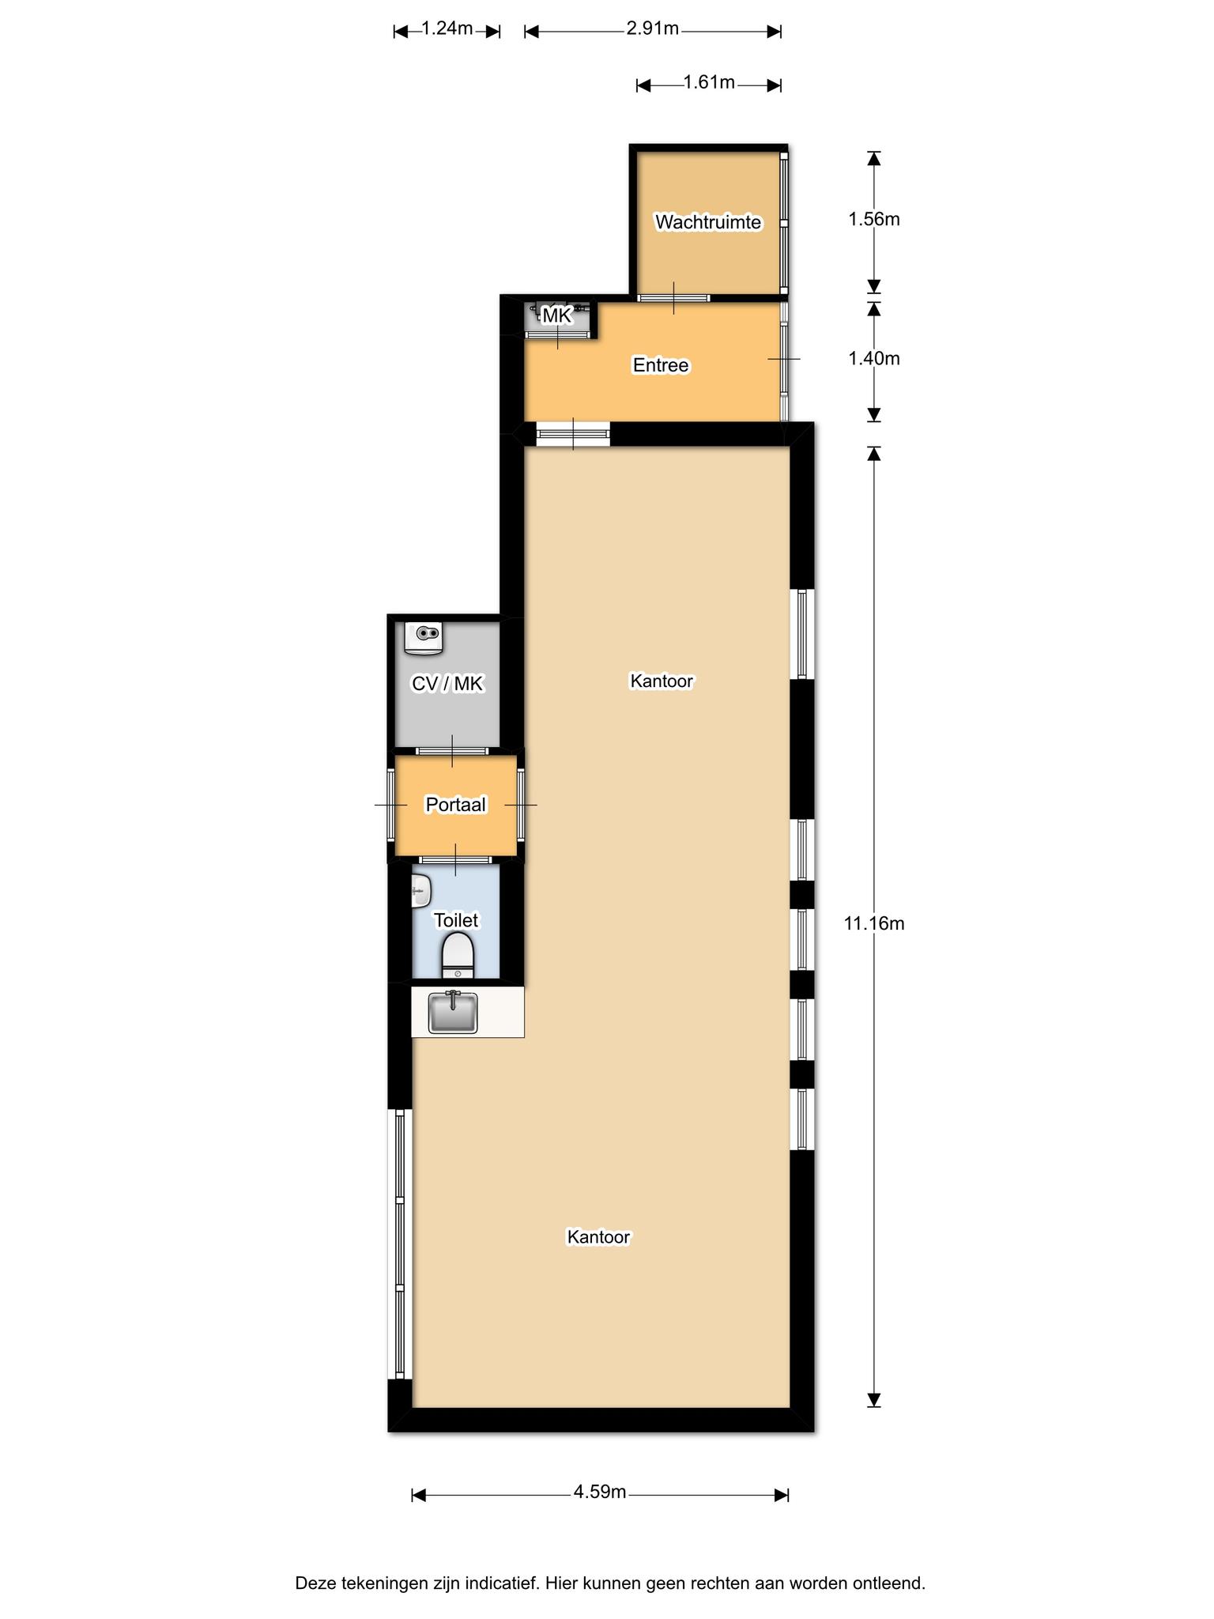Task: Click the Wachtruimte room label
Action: (x=708, y=222)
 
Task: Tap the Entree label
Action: (x=661, y=365)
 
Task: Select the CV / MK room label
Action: (x=447, y=684)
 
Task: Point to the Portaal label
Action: (x=456, y=805)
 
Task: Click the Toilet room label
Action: (x=456, y=920)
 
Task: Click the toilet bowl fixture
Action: (x=457, y=955)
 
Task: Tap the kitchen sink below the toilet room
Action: (x=453, y=1013)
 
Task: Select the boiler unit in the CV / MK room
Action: (x=423, y=638)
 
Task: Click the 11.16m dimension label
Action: (x=874, y=923)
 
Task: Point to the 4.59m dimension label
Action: (x=600, y=1492)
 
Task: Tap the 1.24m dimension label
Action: (x=447, y=29)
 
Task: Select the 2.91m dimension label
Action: (x=653, y=29)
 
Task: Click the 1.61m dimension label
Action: (x=709, y=82)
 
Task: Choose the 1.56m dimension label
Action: (x=874, y=219)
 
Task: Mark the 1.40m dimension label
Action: (x=874, y=359)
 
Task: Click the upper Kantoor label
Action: (x=662, y=681)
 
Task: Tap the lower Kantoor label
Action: (x=598, y=1236)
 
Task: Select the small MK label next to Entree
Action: (x=557, y=316)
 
